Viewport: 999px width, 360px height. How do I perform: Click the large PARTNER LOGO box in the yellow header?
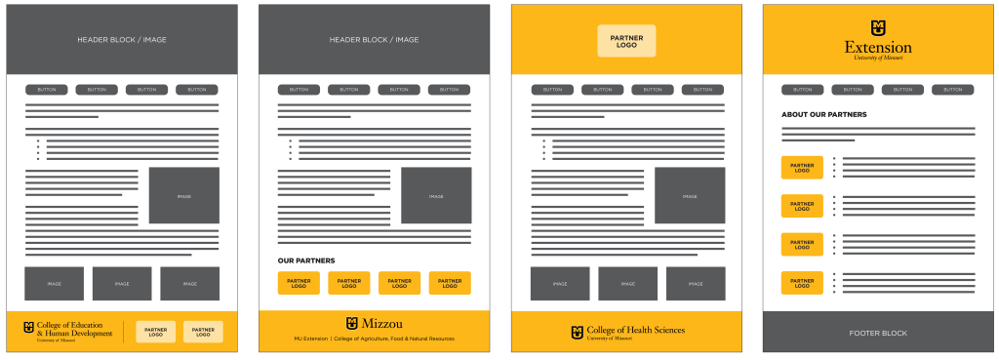pyautogui.click(x=626, y=41)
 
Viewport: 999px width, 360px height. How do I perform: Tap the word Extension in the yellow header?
pyautogui.click(x=878, y=47)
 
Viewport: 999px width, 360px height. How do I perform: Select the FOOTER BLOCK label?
pyautogui.click(x=878, y=333)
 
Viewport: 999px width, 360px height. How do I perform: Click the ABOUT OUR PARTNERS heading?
pyautogui.click(x=823, y=114)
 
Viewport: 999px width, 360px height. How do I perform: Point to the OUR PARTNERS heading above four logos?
pyautogui.click(x=306, y=260)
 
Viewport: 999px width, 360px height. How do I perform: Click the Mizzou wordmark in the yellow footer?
pyautogui.click(x=381, y=324)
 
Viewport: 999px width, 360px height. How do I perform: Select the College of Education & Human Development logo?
pyautogui.click(x=68, y=333)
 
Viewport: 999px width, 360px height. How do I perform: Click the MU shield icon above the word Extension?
pyautogui.click(x=878, y=27)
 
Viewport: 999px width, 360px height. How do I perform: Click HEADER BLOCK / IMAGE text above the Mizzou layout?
pyautogui.click(x=374, y=40)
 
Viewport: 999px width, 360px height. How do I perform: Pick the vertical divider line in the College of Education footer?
pyautogui.click(x=123, y=332)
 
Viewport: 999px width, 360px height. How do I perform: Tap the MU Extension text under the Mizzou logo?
pyautogui.click(x=310, y=339)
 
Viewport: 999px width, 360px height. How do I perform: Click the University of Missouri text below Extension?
pyautogui.click(x=878, y=59)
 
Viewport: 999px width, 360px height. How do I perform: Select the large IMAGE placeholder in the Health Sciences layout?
pyautogui.click(x=690, y=196)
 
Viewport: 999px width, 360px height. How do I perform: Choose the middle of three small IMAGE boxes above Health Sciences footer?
pyautogui.click(x=627, y=284)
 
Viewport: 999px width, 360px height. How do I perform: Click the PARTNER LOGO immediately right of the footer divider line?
pyautogui.click(x=155, y=332)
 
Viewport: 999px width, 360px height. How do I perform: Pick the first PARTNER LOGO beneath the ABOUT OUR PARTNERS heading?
pyautogui.click(x=802, y=168)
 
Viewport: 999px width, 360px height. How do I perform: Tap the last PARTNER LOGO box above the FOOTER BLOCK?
pyautogui.click(x=802, y=284)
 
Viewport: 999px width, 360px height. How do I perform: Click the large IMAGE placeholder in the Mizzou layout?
pyautogui.click(x=436, y=196)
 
